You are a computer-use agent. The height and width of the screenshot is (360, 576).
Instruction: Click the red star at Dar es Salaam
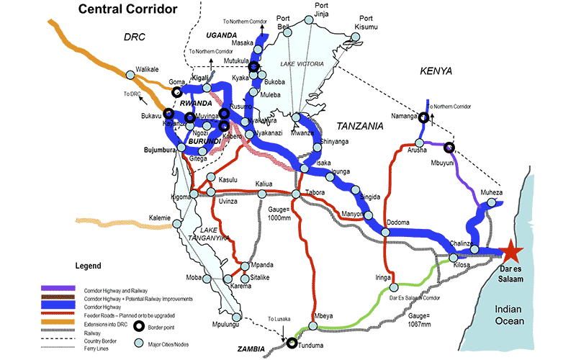click(x=510, y=251)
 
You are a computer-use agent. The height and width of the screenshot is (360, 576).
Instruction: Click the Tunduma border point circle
click(x=292, y=343)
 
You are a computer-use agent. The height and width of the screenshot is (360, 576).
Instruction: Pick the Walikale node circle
click(x=130, y=74)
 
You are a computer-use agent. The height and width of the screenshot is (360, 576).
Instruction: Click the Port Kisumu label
click(x=368, y=22)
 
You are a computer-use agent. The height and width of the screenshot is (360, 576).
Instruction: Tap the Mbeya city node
click(x=312, y=327)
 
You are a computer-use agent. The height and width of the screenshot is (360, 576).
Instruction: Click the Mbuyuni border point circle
click(x=450, y=148)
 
